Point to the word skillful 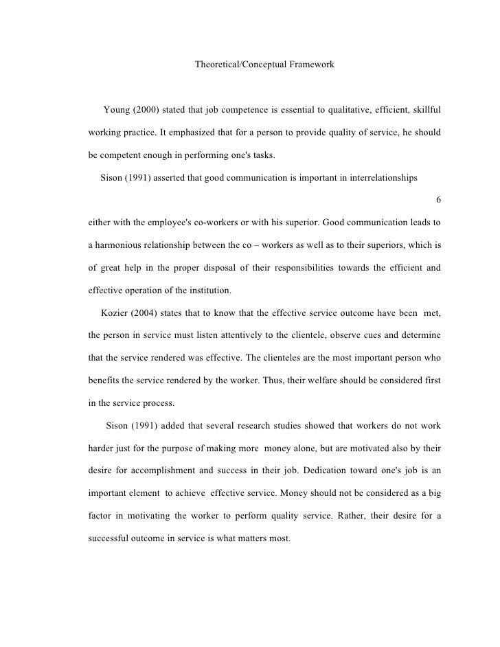[424, 110]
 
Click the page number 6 [439, 200]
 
